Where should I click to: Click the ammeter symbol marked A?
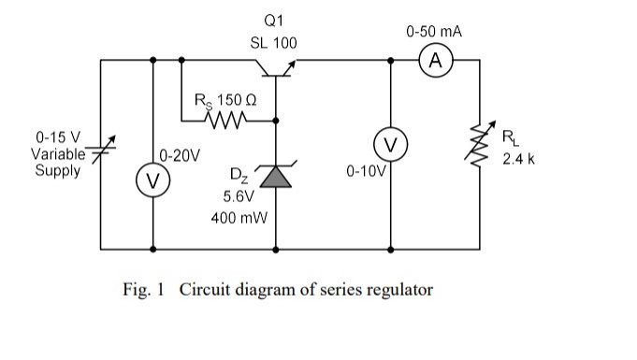click(436, 61)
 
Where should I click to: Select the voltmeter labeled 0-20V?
click(152, 180)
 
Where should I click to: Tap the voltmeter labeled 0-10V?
click(390, 145)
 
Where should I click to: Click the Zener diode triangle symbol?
click(276, 177)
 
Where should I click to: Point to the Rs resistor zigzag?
click(225, 121)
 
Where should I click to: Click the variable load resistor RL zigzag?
click(480, 145)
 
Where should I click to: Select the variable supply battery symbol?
click(101, 149)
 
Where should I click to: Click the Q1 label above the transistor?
click(273, 21)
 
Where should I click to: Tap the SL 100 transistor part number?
click(273, 43)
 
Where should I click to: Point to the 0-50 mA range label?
click(434, 32)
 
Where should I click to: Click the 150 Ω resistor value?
click(237, 99)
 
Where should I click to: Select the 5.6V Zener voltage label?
click(239, 196)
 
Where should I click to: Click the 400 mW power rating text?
click(239, 218)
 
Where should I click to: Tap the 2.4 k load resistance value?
click(518, 159)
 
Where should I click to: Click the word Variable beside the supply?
click(58, 154)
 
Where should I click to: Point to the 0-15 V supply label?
click(58, 137)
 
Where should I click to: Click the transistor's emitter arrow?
click(289, 67)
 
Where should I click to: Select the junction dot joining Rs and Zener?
click(276, 121)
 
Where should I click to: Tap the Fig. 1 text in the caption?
click(143, 289)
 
